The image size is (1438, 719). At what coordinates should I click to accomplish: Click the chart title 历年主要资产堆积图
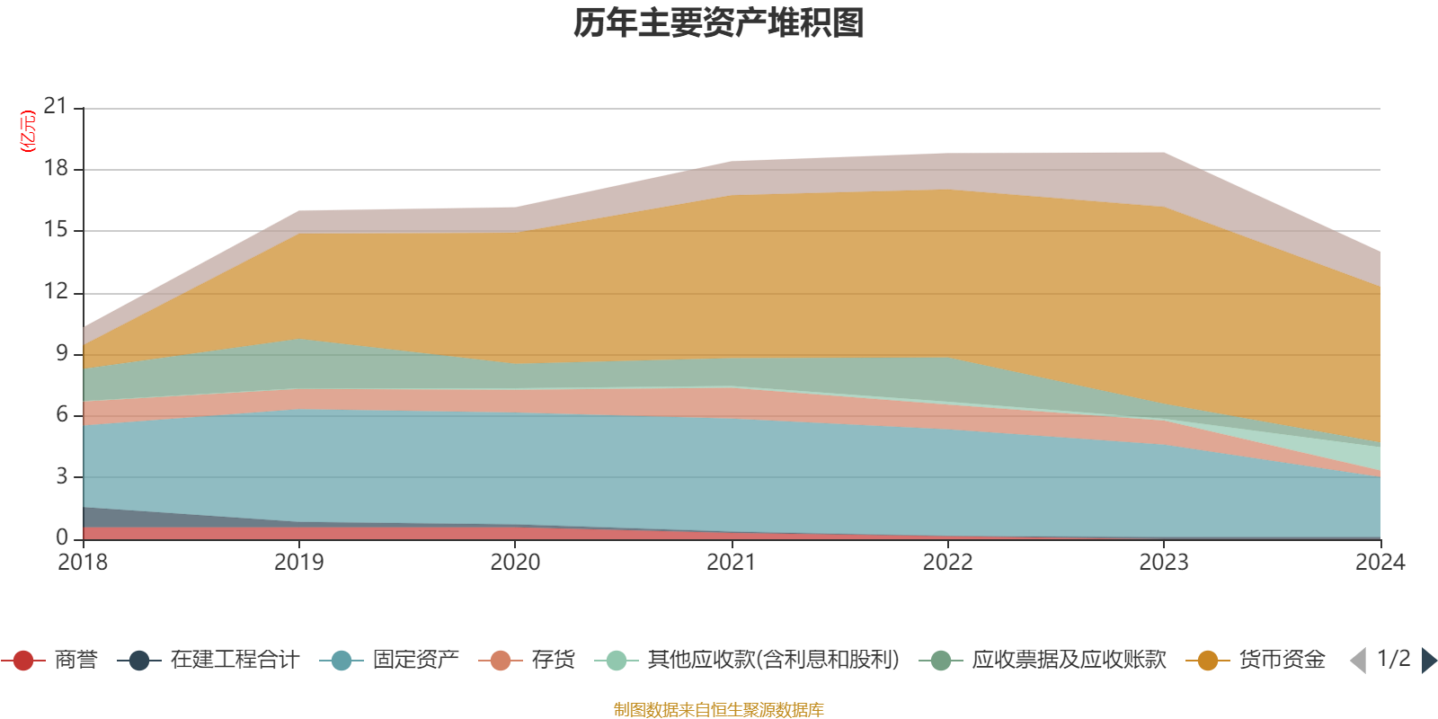pyautogui.click(x=719, y=23)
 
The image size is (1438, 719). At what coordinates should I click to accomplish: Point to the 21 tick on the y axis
pyautogui.click(x=56, y=107)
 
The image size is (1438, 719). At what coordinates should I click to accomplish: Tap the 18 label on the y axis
pyautogui.click(x=56, y=168)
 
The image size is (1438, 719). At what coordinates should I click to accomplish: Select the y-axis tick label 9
pyautogui.click(x=61, y=353)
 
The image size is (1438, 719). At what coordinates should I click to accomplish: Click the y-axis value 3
pyautogui.click(x=61, y=475)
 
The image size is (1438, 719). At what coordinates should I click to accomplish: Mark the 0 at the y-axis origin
pyautogui.click(x=61, y=537)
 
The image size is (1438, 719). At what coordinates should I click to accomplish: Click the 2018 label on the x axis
pyautogui.click(x=83, y=563)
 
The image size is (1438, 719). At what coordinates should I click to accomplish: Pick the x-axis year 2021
pyautogui.click(x=731, y=563)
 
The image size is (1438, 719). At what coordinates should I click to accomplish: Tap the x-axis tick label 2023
pyautogui.click(x=1164, y=563)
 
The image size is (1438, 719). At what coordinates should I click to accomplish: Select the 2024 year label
pyautogui.click(x=1380, y=563)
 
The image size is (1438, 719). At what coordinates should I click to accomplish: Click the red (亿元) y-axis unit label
pyautogui.click(x=28, y=131)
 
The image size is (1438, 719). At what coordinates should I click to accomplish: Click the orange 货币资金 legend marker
pyautogui.click(x=1208, y=661)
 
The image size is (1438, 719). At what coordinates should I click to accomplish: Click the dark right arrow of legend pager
pyautogui.click(x=1428, y=661)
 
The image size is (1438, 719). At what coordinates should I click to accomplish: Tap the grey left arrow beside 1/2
pyautogui.click(x=1358, y=661)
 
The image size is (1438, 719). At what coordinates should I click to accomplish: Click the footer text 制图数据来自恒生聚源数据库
pyautogui.click(x=719, y=710)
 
